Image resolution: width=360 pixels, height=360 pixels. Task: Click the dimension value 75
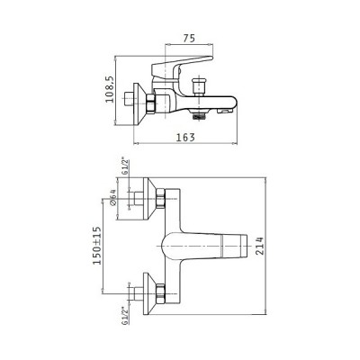coord(189,39)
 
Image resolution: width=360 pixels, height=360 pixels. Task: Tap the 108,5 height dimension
coord(110,89)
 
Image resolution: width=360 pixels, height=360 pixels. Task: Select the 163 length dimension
coord(185,138)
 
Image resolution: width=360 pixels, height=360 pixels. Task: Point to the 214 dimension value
coord(259,246)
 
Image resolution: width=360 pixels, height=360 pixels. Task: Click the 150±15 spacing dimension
coord(97,246)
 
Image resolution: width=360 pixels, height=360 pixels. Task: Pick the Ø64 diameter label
coord(112,197)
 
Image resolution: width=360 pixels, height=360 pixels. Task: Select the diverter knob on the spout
coord(198,86)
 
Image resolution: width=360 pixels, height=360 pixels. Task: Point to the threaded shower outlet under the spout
coord(198,115)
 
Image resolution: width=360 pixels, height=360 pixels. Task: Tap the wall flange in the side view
coord(139,104)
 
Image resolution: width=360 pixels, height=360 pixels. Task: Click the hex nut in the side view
coord(151,103)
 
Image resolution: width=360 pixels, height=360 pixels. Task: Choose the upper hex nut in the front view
coord(161,198)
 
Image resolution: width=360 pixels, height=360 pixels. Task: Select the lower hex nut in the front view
coord(161,293)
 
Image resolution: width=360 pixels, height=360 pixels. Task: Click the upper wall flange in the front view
coord(149,199)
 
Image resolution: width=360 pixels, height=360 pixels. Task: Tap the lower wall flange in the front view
coord(149,293)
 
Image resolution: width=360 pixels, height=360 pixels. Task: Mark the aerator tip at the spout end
coord(225,112)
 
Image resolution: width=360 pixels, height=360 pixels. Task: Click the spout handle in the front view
coord(204,246)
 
